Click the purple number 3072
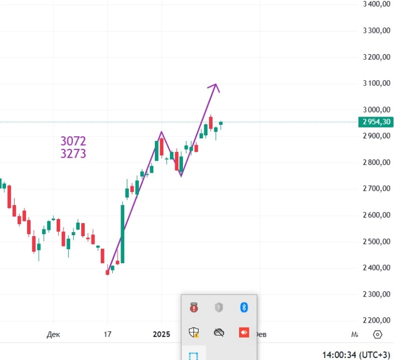[x=73, y=141]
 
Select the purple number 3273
[x=73, y=154]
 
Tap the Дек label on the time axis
[x=53, y=335]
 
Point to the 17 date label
[x=108, y=335]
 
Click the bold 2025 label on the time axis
[x=161, y=335]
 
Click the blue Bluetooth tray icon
[x=243, y=307]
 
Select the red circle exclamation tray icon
[x=194, y=307]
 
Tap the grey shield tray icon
[x=219, y=307]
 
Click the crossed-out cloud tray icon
[x=219, y=332]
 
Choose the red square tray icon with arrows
[x=243, y=332]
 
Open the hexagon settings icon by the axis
[x=378, y=335]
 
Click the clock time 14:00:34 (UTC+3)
[x=356, y=354]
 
